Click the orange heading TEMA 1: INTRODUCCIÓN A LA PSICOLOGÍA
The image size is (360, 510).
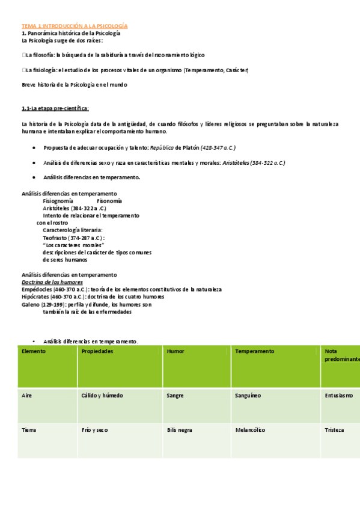tap(75, 26)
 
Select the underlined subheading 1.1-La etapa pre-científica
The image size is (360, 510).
tap(55, 108)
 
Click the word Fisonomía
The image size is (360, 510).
tap(109, 201)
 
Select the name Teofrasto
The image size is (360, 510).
tap(55, 238)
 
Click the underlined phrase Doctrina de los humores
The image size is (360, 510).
tap(52, 282)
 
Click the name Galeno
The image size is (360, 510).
tap(31, 304)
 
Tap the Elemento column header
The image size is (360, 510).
tap(34, 351)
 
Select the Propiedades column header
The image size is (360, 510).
tap(97, 351)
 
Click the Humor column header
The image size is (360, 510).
tap(176, 351)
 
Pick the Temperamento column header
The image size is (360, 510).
tap(255, 351)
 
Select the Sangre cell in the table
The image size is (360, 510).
tap(176, 396)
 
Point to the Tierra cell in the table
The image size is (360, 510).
tap(29, 430)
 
